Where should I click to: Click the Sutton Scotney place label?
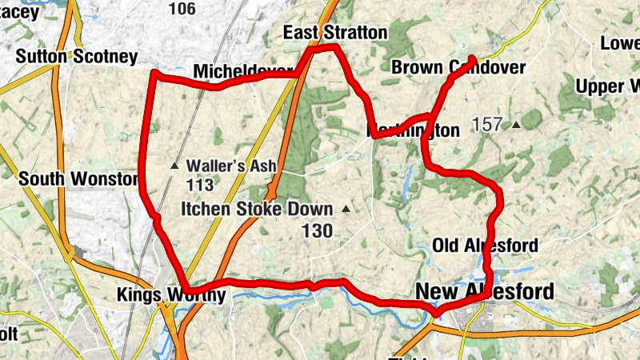[77, 57]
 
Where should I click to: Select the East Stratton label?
[335, 33]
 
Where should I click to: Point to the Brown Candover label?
[458, 68]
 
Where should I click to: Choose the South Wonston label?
[78, 179]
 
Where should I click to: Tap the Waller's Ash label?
[231, 166]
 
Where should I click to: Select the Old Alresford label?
[485, 245]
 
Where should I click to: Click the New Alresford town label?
[484, 293]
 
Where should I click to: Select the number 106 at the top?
[182, 9]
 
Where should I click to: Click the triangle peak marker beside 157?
[516, 125]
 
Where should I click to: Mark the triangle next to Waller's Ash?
[174, 166]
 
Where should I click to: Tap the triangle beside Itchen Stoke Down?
[346, 210]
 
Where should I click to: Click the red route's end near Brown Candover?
[472, 59]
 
